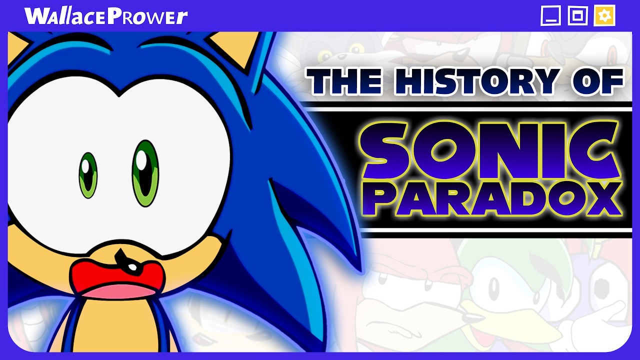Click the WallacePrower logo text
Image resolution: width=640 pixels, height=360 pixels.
[106, 16]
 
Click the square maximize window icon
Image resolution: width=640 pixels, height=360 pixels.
[577, 16]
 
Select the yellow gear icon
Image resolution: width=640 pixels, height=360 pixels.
[604, 16]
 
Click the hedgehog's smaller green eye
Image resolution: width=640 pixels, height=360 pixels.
[88, 175]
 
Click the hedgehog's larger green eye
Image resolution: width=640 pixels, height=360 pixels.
[145, 172]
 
